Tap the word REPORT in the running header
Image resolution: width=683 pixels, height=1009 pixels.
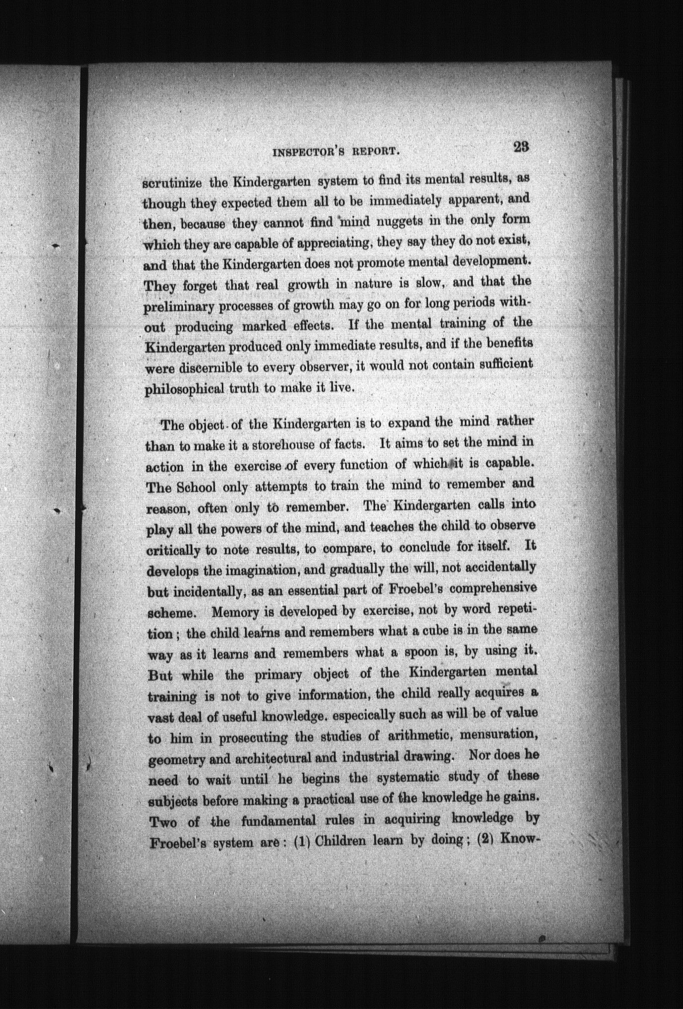375,152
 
